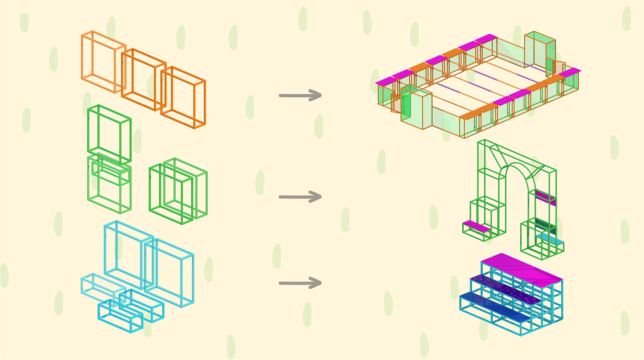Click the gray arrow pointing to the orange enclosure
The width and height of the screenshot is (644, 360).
click(299, 96)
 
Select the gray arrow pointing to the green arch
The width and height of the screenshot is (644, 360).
click(299, 197)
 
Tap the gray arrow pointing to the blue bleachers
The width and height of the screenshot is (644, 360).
click(299, 283)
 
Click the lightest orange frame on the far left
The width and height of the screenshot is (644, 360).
click(103, 62)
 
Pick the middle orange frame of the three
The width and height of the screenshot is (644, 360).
click(143, 79)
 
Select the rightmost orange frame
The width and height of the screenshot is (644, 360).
click(183, 97)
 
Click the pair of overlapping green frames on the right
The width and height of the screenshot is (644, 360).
click(178, 191)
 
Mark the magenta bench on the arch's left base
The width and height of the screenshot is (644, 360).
click(476, 226)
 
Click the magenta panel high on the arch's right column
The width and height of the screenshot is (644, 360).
click(545, 197)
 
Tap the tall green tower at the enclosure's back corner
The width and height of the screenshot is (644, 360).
click(540, 53)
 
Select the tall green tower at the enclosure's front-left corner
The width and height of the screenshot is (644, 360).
click(416, 106)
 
